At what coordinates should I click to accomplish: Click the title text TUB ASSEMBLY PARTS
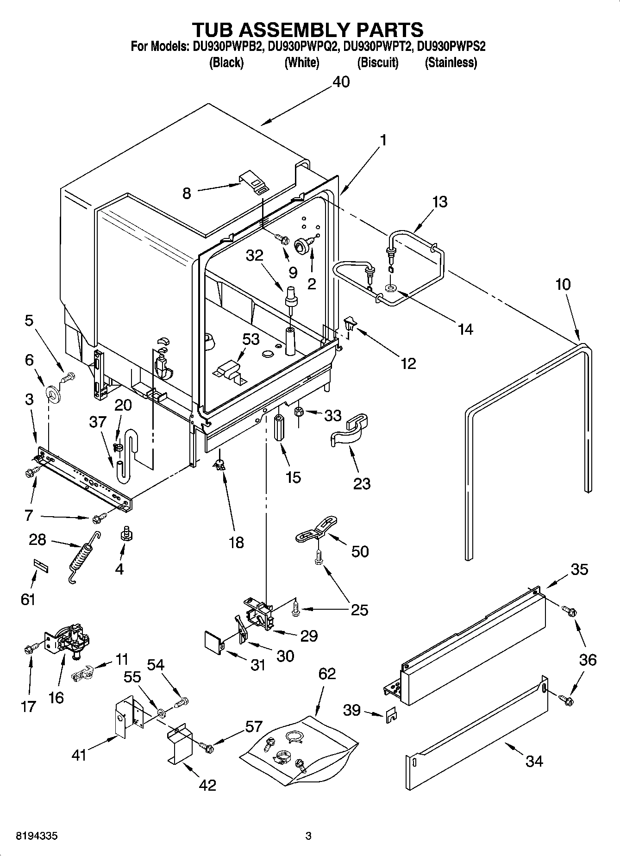point(307,30)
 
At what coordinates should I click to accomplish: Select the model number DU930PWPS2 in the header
point(451,47)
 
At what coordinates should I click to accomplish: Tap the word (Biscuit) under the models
point(377,62)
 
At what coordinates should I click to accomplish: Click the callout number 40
point(341,82)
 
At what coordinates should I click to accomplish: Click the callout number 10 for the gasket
point(563,284)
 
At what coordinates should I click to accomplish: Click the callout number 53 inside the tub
point(251,339)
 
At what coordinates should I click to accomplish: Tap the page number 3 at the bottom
point(308,836)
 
